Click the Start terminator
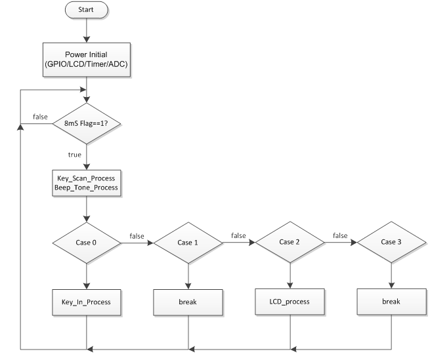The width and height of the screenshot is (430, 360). (87, 10)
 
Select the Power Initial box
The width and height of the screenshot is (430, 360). (87, 60)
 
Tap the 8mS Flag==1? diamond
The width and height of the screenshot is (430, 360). (87, 123)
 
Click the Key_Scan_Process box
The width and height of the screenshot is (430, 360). (87, 183)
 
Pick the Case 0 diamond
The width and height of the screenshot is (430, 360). (87, 243)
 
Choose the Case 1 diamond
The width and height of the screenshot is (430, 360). (188, 243)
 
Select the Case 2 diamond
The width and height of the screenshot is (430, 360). (290, 242)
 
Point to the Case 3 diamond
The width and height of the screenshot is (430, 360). (391, 242)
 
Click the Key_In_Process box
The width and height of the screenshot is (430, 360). (87, 302)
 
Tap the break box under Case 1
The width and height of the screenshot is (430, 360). (188, 302)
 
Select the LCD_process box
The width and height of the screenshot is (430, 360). (290, 302)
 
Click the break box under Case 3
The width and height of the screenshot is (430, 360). (392, 302)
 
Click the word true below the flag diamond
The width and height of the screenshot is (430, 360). (75, 155)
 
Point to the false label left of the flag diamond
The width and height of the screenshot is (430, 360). (40, 117)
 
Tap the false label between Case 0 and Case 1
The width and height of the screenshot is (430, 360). (137, 236)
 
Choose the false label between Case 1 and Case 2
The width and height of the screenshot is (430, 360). (238, 235)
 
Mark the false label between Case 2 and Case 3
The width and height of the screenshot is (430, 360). (340, 235)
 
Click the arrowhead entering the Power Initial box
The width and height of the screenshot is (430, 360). (87, 39)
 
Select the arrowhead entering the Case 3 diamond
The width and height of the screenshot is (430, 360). (353, 242)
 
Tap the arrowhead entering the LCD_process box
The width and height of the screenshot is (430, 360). (290, 285)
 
